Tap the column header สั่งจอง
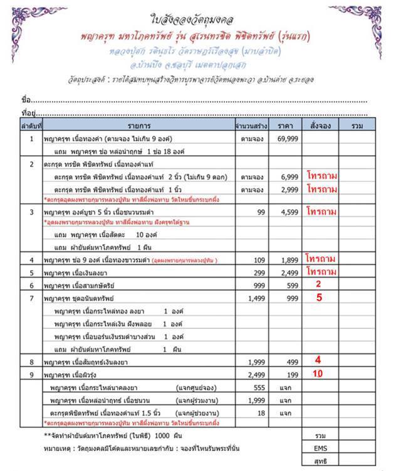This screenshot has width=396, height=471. (x=321, y=124)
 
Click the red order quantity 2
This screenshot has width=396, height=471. (x=319, y=284)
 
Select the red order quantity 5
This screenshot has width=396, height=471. (x=319, y=298)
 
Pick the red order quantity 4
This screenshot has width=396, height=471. (x=318, y=360)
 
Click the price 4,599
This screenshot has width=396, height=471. (x=289, y=213)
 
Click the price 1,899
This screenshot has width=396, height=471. (x=289, y=259)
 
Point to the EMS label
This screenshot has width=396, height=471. (x=320, y=448)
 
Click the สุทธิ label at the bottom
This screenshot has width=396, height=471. (x=320, y=462)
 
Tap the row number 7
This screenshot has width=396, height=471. (x=31, y=298)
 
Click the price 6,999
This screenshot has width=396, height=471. (x=289, y=178)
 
